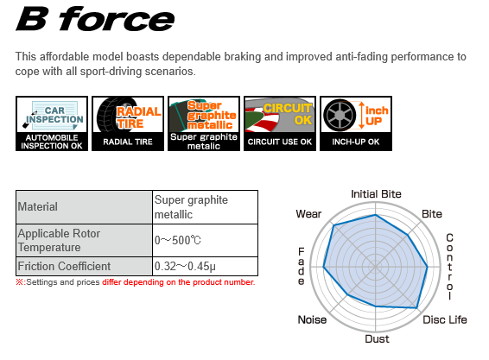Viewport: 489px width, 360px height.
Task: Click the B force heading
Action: point(95,19)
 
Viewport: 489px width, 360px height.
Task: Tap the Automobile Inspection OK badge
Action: point(52,123)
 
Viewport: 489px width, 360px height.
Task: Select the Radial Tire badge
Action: point(128,123)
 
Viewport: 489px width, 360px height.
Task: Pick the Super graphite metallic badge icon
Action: point(204,123)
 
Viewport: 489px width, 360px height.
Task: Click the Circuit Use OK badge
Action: point(280,123)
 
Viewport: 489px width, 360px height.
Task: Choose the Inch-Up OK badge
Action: point(356,123)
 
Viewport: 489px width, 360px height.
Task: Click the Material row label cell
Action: point(84,207)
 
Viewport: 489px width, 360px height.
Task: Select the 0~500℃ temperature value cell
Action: point(206,240)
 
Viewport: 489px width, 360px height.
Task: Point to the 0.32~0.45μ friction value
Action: point(185,267)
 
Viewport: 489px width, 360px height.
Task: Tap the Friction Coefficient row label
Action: point(64,267)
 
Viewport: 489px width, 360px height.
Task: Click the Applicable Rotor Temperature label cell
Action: point(84,240)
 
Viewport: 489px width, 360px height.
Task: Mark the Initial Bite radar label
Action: point(376,194)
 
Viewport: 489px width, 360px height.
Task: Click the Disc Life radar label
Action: point(445,319)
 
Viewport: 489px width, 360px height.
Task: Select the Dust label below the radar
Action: point(377,338)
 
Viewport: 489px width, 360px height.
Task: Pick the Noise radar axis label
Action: point(312,319)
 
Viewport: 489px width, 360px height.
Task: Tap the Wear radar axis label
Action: point(308,214)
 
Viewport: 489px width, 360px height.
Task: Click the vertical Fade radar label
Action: point(301,267)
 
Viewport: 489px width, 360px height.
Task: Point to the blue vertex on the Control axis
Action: point(428,267)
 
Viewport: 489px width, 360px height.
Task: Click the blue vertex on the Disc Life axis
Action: point(417,308)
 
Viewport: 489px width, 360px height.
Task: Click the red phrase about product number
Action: point(178,282)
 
